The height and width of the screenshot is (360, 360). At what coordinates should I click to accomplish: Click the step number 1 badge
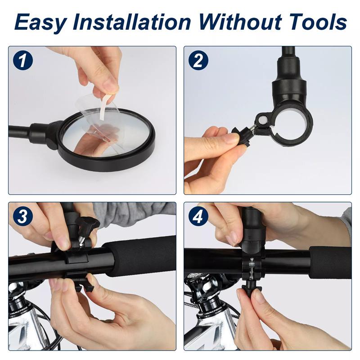point(23,60)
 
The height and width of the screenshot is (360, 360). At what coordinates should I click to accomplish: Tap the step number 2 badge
point(198,60)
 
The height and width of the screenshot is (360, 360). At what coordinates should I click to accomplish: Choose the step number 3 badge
point(23,217)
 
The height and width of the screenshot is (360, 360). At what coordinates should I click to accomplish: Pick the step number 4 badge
point(198,217)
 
